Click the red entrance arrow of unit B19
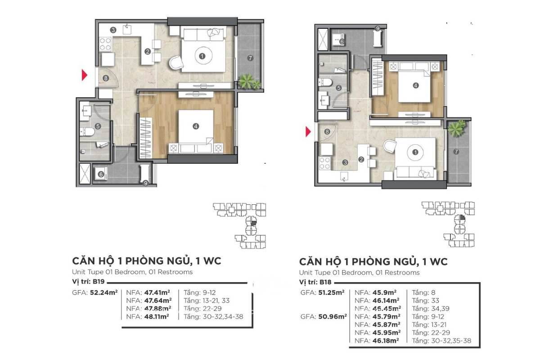[84, 75]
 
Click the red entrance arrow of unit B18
[308, 132]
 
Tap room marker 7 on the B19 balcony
[250, 58]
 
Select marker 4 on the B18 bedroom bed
[415, 85]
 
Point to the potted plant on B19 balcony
[249, 81]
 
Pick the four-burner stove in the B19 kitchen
[105, 44]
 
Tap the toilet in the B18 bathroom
[325, 82]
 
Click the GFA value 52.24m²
[103, 292]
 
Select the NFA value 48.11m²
[157, 316]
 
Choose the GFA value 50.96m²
[333, 316]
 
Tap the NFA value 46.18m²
[386, 341]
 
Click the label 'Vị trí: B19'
[88, 282]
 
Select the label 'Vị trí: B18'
[315, 282]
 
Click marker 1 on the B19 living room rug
[202, 56]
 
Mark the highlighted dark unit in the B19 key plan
[253, 223]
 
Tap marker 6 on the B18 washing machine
[342, 42]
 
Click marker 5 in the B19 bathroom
[98, 126]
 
